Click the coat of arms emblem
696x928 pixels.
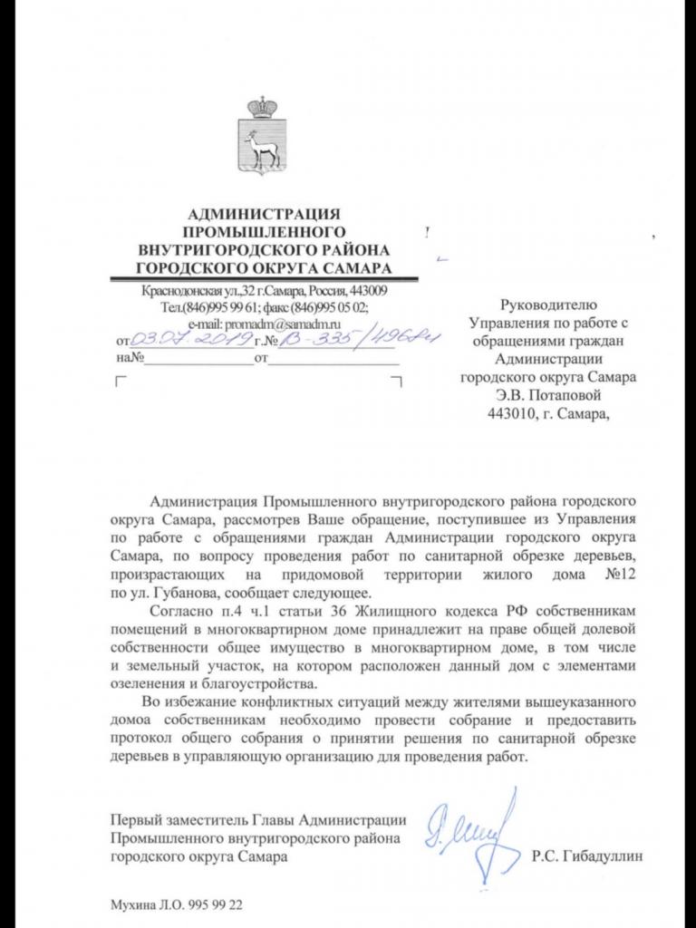pyautogui.click(x=263, y=137)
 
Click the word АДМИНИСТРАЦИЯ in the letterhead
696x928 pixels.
pyautogui.click(x=263, y=215)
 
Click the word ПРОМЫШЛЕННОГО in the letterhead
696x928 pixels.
pyautogui.click(x=263, y=232)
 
